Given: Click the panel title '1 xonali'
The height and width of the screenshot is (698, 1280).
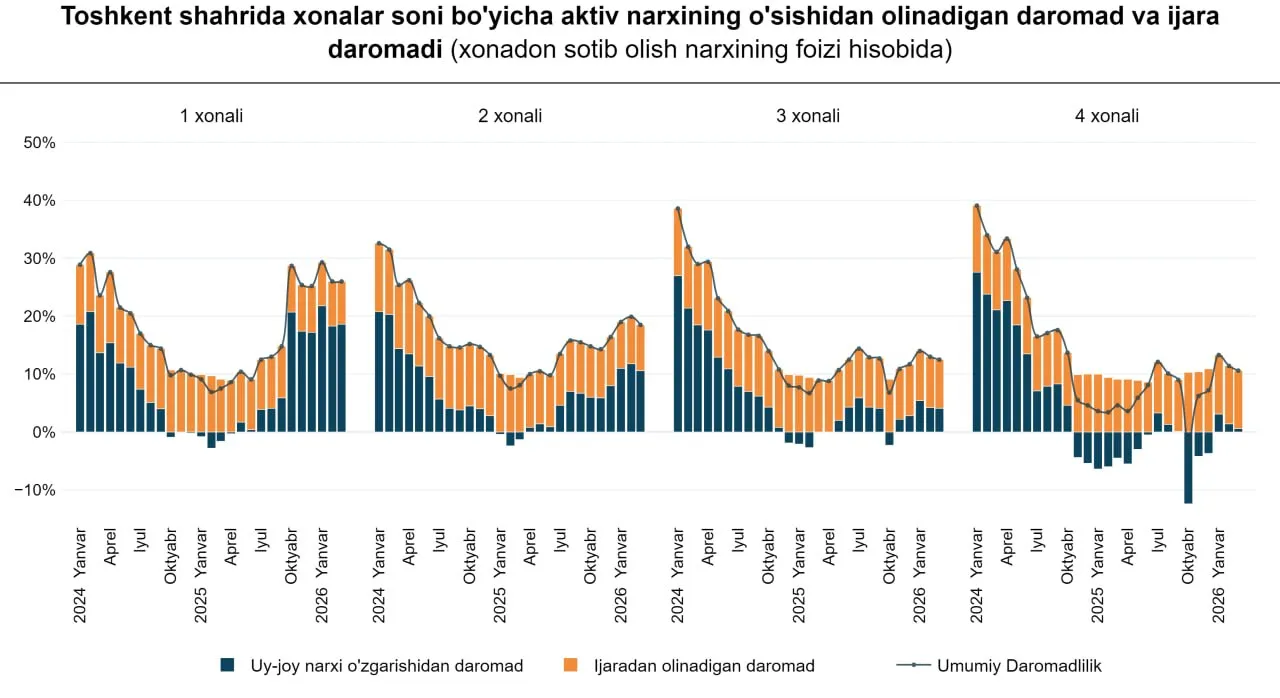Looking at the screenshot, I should [x=211, y=116].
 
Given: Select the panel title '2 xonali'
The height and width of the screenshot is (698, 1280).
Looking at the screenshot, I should [x=510, y=116].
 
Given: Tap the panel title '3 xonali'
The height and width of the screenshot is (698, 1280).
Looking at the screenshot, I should [x=808, y=116].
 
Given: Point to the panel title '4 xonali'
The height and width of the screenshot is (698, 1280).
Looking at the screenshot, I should [x=1107, y=116].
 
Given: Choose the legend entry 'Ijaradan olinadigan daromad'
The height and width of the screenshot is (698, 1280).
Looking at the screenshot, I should [x=703, y=666].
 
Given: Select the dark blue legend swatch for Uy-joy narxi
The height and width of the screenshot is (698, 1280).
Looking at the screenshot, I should [x=228, y=666].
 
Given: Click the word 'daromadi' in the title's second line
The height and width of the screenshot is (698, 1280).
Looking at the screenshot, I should [x=385, y=50].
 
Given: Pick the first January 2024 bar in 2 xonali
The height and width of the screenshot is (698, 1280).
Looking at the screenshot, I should [x=379, y=370].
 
